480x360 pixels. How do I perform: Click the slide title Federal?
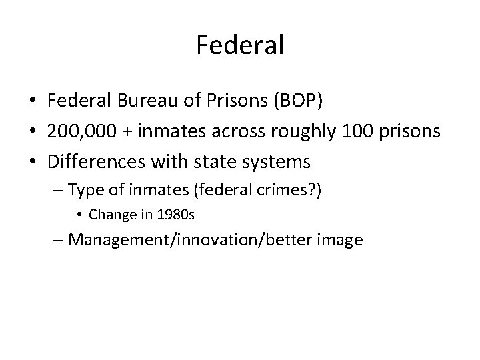240,45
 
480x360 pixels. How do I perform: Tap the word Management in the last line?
119,239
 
